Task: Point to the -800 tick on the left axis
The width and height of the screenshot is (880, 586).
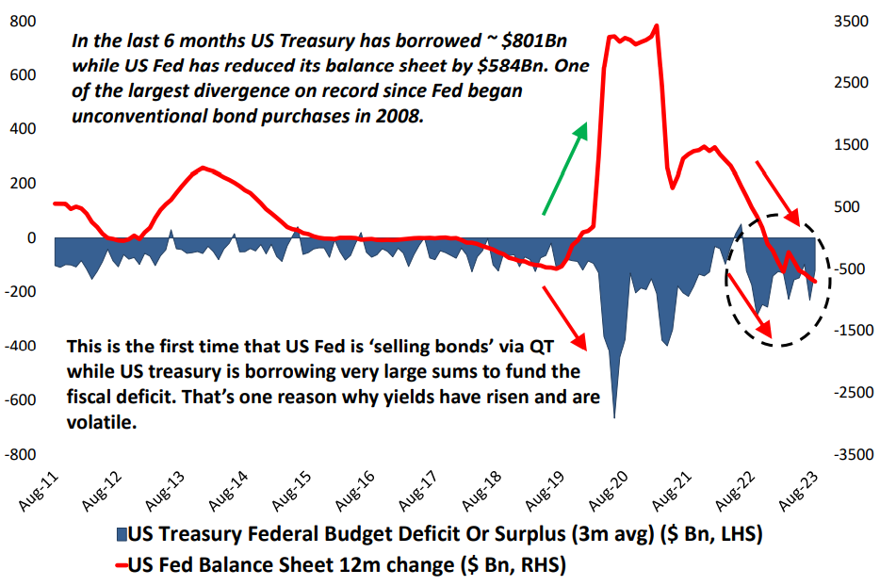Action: click(x=20, y=454)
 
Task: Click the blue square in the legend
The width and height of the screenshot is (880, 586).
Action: click(x=119, y=535)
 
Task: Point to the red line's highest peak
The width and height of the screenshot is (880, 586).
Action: click(x=656, y=25)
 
